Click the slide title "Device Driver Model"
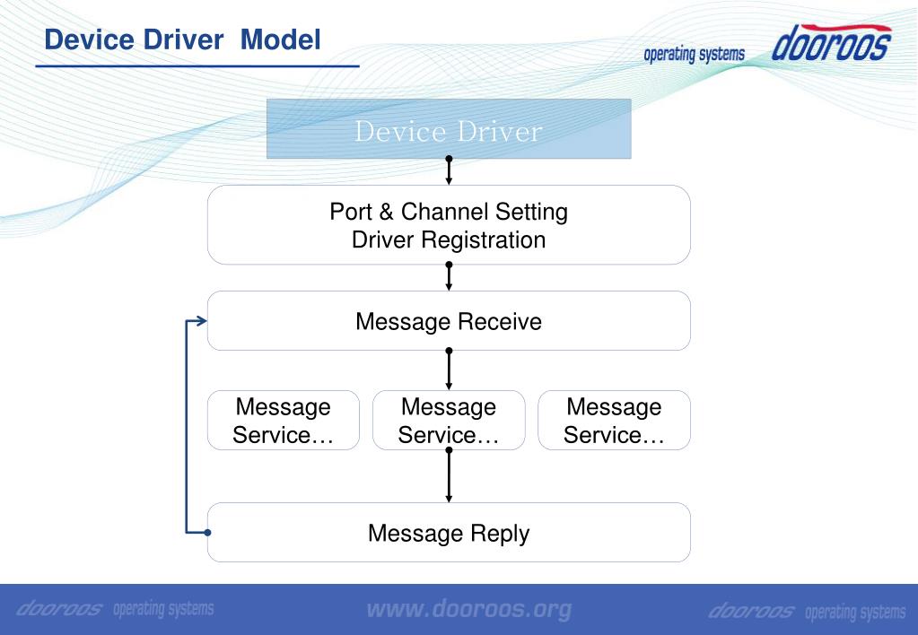pos(183,39)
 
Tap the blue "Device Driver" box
pos(449,129)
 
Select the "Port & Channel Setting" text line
pos(449,212)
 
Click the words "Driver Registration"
pos(449,240)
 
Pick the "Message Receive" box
pos(449,321)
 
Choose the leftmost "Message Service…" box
pos(284,421)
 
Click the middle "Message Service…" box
pos(449,421)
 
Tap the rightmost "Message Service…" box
pos(614,421)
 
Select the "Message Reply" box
pos(449,533)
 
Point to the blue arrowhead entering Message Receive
pos(202,321)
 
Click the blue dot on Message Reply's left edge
pos(207,533)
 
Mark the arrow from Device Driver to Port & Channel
pos(449,171)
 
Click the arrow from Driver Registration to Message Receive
pos(449,276)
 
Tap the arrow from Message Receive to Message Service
pos(449,370)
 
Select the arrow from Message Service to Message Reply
pos(449,476)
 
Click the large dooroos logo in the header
pos(832,42)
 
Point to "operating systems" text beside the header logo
pos(695,54)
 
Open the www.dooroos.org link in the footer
pos(469,610)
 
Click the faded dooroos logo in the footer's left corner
pos(60,609)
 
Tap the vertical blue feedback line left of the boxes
pos(186,427)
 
